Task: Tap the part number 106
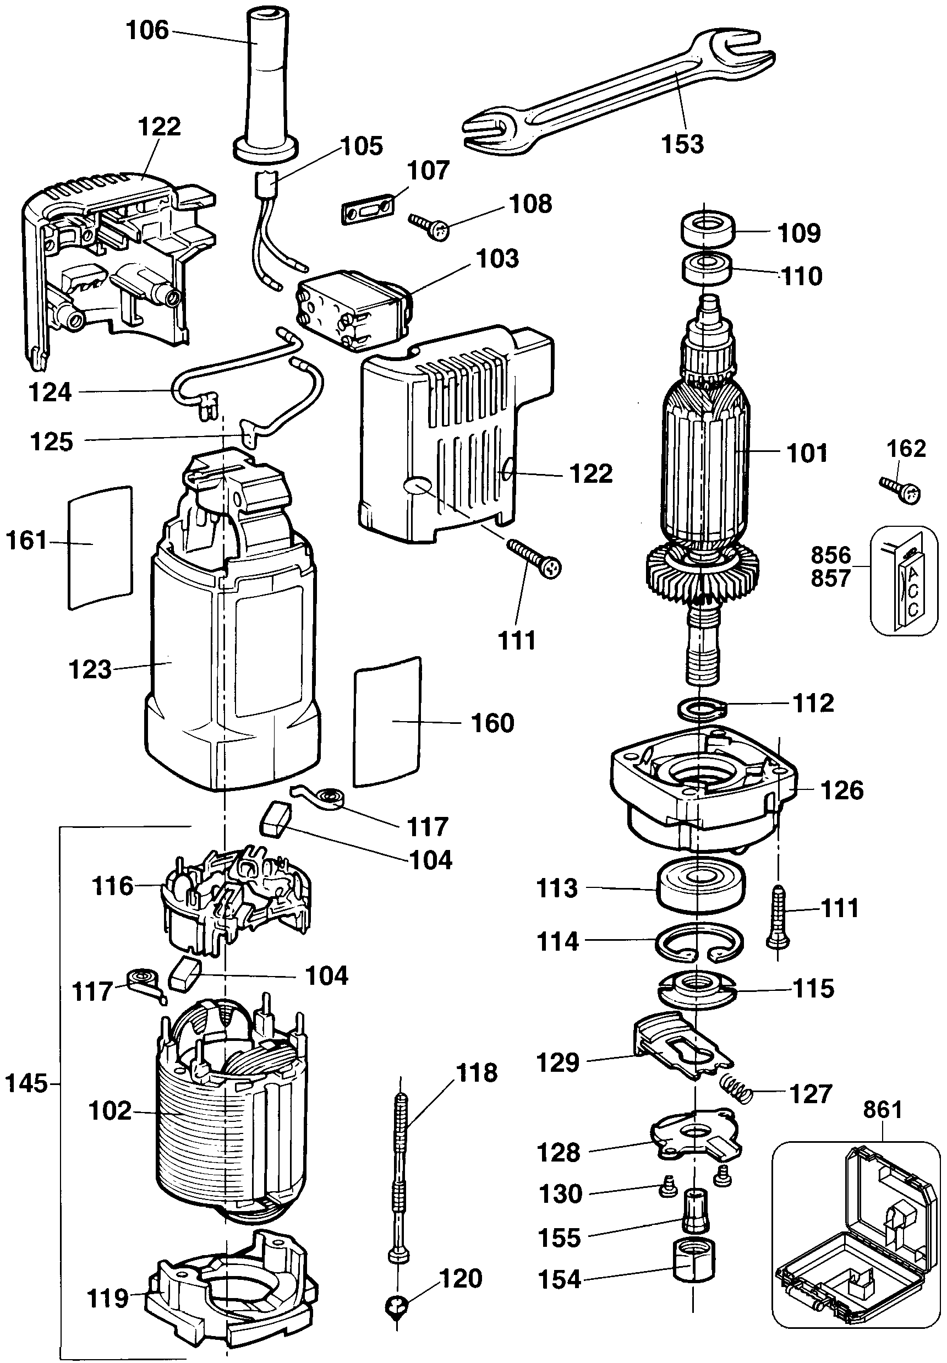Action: click(147, 30)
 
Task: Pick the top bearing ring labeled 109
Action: click(708, 229)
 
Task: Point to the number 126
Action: click(842, 790)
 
